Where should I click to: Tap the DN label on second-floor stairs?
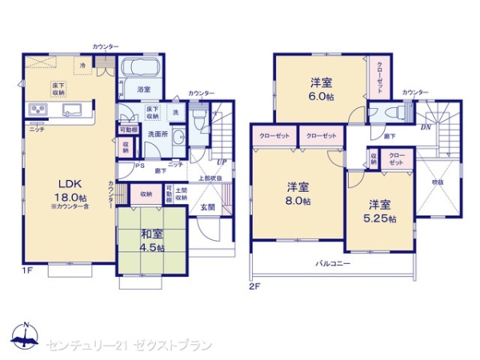click(426, 126)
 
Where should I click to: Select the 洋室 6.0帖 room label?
click(321, 87)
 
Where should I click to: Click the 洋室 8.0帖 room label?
click(297, 194)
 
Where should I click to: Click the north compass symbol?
click(26, 338)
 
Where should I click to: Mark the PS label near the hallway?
click(139, 166)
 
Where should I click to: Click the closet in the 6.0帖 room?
click(375, 81)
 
